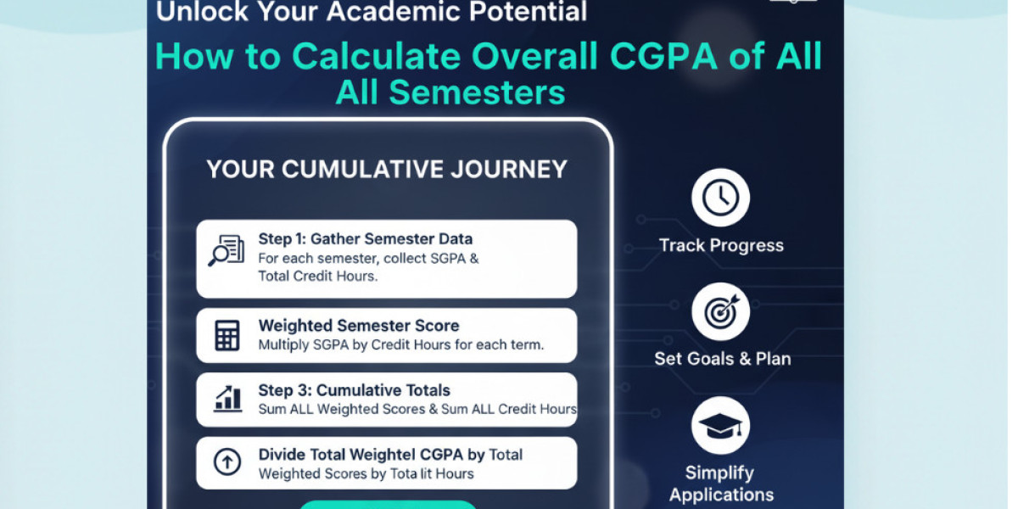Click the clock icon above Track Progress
(720, 198)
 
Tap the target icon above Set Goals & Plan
(721, 312)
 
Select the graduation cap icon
(721, 426)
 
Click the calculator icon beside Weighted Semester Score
(227, 335)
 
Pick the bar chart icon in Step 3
(227, 399)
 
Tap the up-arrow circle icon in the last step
(227, 461)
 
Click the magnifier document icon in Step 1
(227, 250)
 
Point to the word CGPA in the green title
(664, 56)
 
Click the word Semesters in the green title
(477, 92)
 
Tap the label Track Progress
(721, 245)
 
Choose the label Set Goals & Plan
(723, 359)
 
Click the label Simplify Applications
(721, 484)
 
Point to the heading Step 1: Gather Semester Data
(366, 239)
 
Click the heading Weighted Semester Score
(359, 326)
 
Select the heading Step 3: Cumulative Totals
(354, 390)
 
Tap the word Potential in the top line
(528, 11)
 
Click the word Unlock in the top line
(202, 11)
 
